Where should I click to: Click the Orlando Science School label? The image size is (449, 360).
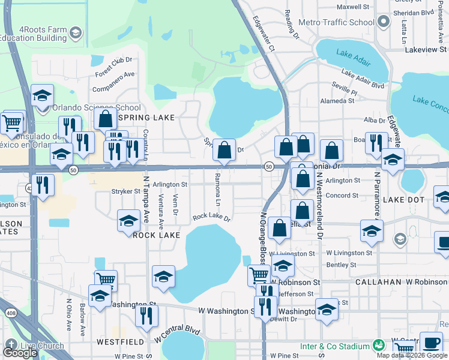click(x=97, y=108)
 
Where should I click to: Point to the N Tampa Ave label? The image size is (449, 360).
click(x=146, y=198)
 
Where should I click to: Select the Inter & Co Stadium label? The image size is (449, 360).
click(x=335, y=346)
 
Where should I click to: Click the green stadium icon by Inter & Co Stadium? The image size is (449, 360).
click(x=378, y=346)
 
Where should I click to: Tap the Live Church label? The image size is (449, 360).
click(x=42, y=346)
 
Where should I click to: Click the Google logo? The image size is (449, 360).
click(x=20, y=353)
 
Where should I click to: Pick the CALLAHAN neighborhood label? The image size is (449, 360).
click(x=378, y=281)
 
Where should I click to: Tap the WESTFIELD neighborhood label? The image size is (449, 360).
click(x=121, y=341)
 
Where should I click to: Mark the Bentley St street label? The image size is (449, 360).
click(x=342, y=265)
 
